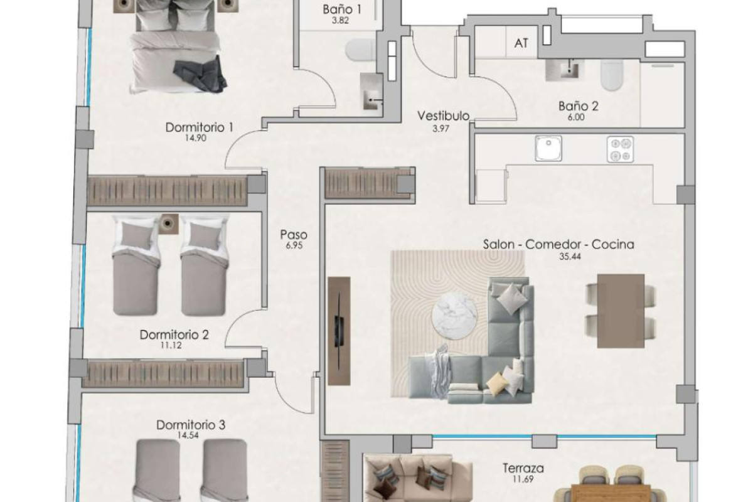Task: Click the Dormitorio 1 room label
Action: tap(200, 127)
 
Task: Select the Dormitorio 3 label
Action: tap(191, 425)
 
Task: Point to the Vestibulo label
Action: tap(444, 115)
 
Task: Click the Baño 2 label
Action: tap(578, 106)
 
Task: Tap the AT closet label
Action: tap(521, 43)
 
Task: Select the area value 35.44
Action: tap(558, 256)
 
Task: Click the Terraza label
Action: tap(523, 468)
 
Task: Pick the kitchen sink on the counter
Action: tap(550, 150)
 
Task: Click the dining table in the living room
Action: tap(620, 311)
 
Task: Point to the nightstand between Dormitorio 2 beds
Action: tap(168, 223)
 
